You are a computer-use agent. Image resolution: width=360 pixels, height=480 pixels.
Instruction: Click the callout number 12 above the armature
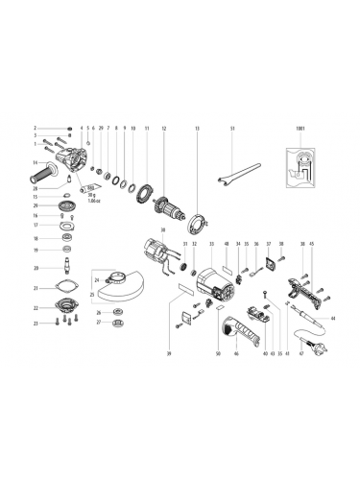[x=164, y=128]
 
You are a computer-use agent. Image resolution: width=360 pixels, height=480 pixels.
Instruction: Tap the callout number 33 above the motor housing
[x=210, y=244]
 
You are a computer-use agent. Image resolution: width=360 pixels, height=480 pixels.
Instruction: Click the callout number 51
[x=232, y=128]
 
